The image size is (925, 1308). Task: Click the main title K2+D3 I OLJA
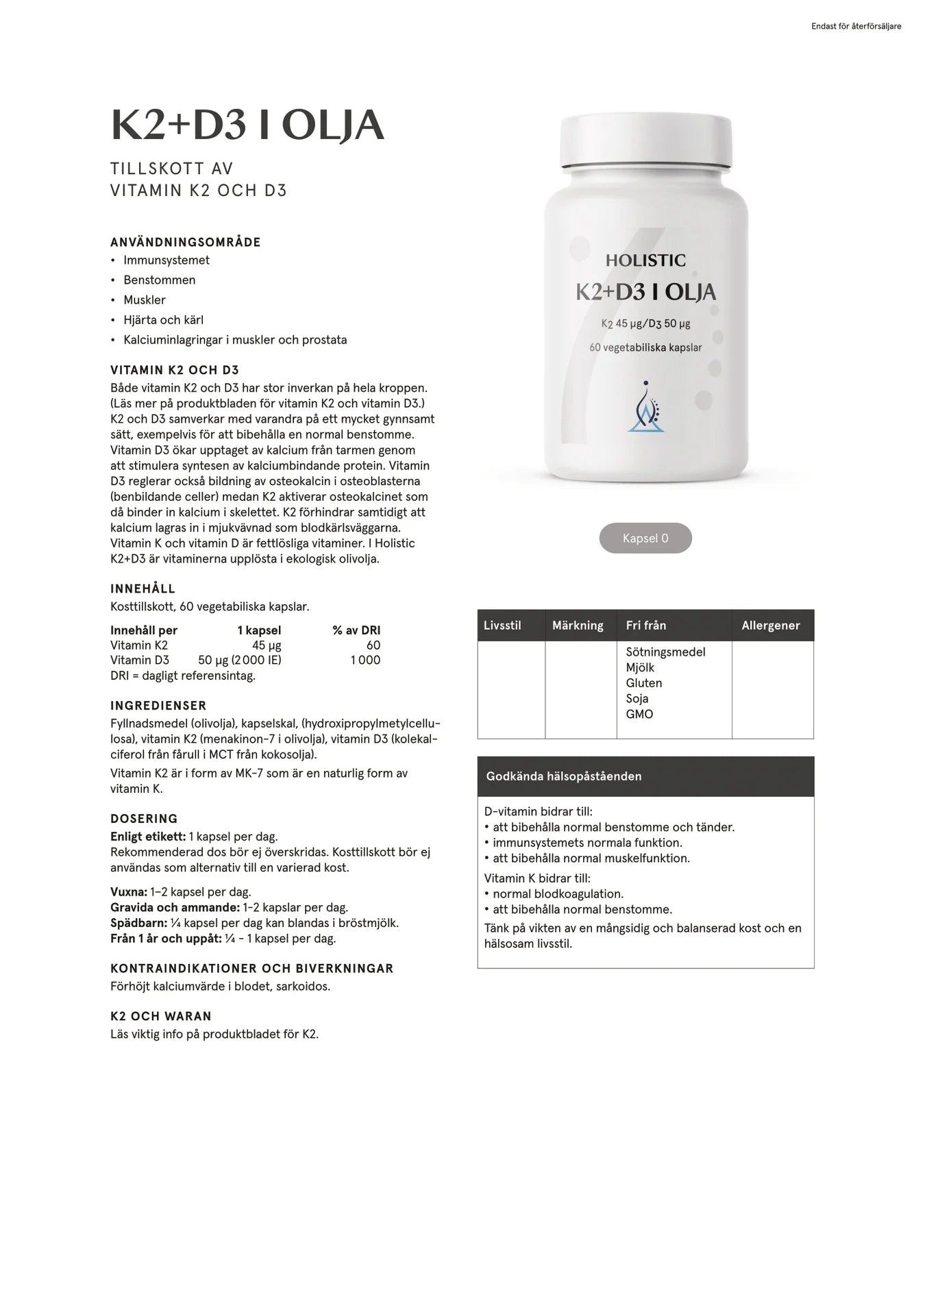tap(247, 125)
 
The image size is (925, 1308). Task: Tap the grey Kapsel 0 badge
tap(645, 539)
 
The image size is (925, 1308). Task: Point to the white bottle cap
tap(645, 140)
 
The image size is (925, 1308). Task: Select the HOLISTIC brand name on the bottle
tap(645, 260)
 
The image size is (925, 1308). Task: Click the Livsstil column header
tap(502, 626)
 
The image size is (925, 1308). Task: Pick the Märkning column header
tap(578, 626)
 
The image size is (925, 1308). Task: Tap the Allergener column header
tap(771, 626)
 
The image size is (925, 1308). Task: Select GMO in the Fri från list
tap(639, 714)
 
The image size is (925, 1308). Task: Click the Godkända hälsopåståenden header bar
tap(645, 776)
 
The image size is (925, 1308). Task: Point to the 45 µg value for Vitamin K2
tap(267, 645)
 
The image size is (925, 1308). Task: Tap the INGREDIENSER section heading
tap(158, 706)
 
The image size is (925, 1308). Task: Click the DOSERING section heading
tap(144, 819)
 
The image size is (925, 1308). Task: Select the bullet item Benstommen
tap(159, 280)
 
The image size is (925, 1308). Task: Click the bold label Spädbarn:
tap(138, 923)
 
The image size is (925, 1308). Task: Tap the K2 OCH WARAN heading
tap(161, 1016)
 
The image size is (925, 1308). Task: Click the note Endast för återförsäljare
tap(856, 27)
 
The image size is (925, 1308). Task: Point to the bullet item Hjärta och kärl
tap(163, 320)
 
